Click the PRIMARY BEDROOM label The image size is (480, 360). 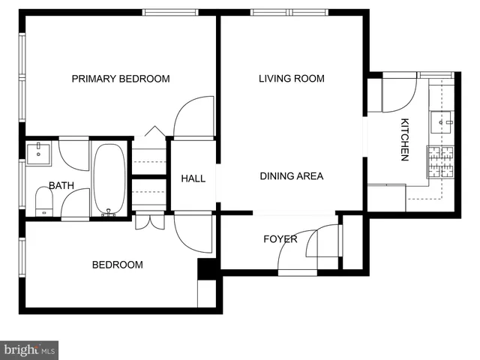click(x=120, y=79)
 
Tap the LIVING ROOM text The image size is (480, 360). click(x=291, y=79)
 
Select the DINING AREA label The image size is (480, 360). click(x=291, y=176)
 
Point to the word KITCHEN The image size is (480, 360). click(x=404, y=140)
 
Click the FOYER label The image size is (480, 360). click(x=280, y=239)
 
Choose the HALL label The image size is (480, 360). click(x=193, y=178)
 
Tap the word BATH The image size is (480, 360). click(x=61, y=185)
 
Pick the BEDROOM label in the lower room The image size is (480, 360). click(x=117, y=265)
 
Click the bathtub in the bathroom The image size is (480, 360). click(x=110, y=178)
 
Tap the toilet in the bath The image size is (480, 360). click(x=43, y=202)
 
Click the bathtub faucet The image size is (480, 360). click(x=110, y=212)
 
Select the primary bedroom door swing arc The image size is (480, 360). click(x=192, y=117)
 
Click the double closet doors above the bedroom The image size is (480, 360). click(x=150, y=222)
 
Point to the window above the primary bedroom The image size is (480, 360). click(x=170, y=12)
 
